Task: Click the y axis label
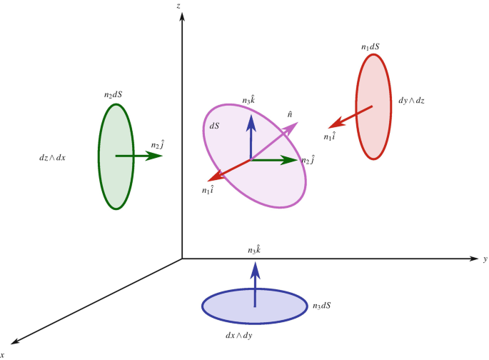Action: point(485,259)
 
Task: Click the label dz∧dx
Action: point(54,156)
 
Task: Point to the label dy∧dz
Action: point(412,101)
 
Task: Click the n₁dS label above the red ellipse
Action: point(370,47)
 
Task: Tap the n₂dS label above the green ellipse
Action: point(114,94)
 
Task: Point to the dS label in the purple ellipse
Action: point(214,126)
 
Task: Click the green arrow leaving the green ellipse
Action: point(139,155)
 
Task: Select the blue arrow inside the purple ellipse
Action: point(251,136)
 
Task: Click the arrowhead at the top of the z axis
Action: point(183,15)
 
